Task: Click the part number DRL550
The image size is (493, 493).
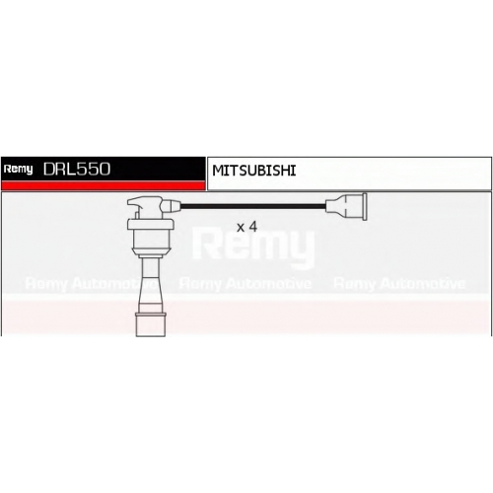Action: tap(77, 169)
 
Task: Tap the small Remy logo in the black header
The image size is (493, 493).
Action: tap(18, 170)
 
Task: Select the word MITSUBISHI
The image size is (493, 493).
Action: tap(254, 171)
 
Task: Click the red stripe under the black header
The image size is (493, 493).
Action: tap(104, 185)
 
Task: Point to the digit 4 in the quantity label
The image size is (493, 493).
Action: tap(252, 227)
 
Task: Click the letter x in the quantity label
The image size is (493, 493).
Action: tap(241, 228)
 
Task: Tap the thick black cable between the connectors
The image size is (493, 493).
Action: tap(253, 206)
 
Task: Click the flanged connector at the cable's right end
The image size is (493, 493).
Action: tap(346, 206)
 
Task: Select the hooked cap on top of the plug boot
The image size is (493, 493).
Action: tap(145, 207)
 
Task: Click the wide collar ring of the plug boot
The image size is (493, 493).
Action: tap(151, 224)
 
